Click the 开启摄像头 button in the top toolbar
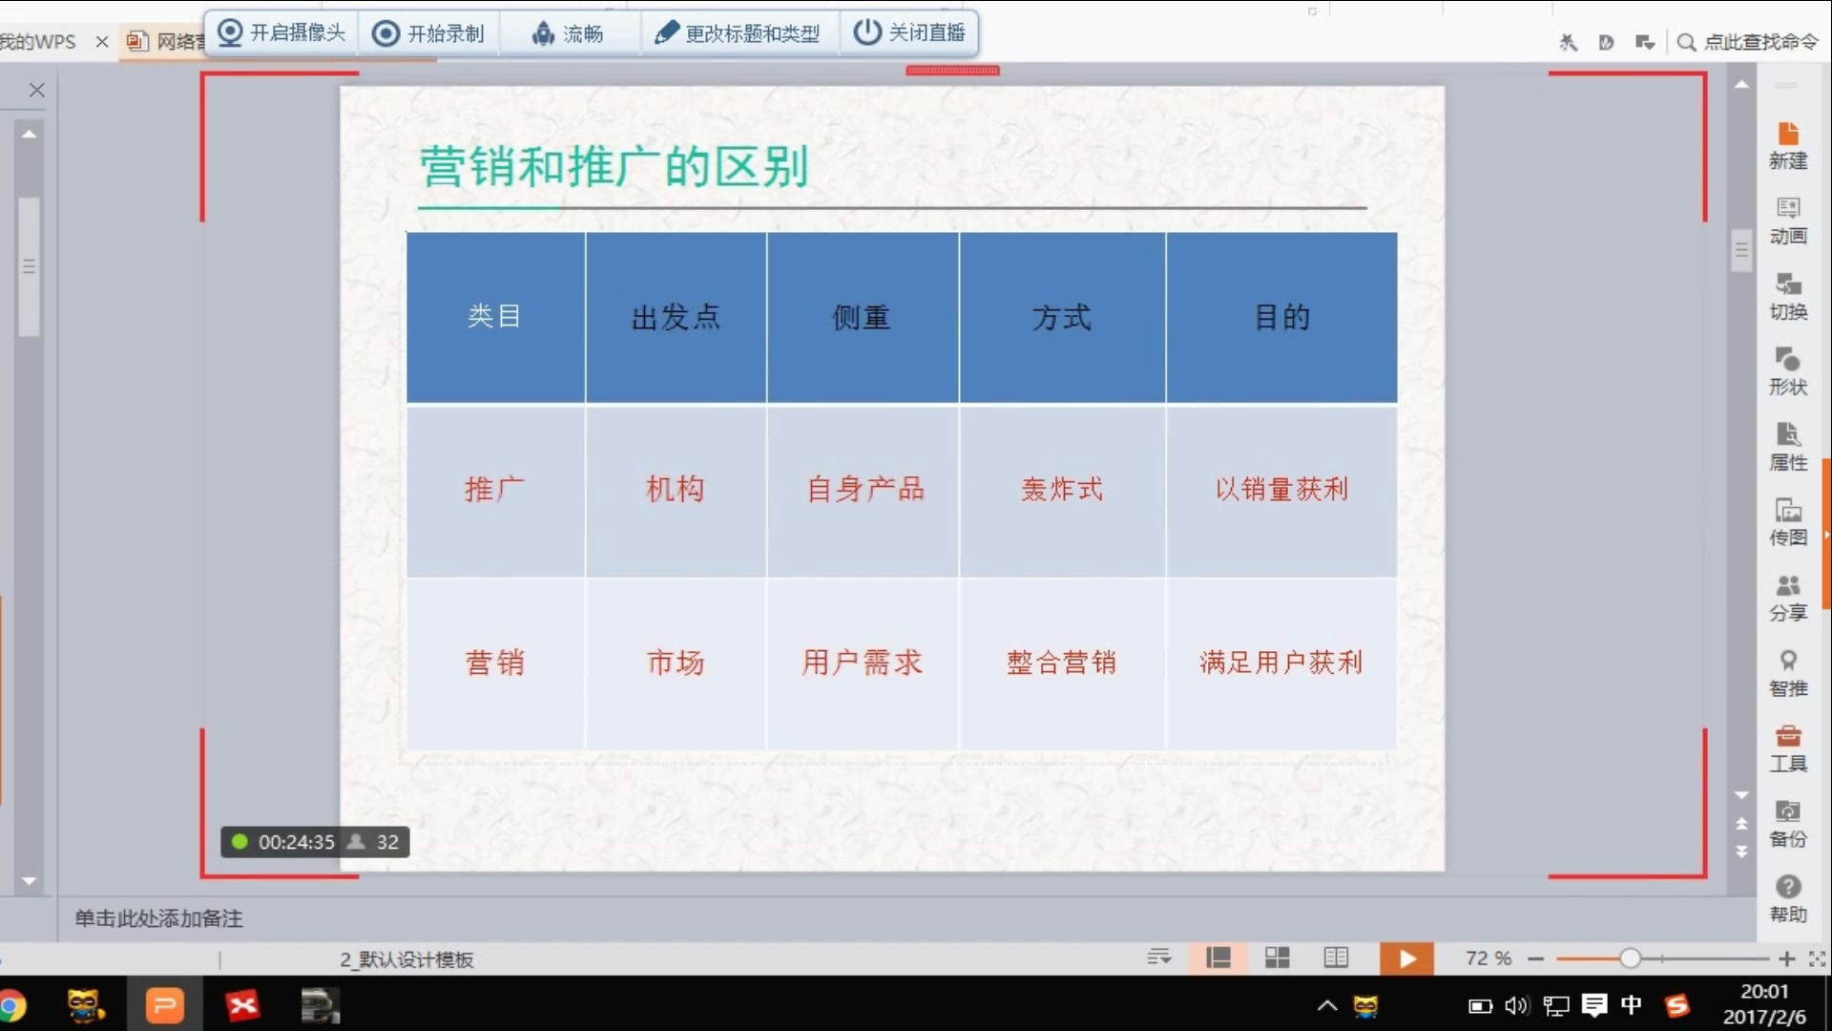point(281,33)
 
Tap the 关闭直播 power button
point(908,33)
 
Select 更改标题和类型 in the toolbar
point(738,33)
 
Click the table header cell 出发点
point(676,317)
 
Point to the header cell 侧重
point(862,317)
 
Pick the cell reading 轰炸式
point(1062,490)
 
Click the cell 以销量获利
point(1281,490)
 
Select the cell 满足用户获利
point(1280,663)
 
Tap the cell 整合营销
point(1061,663)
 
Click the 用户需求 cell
point(862,663)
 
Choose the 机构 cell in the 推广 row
point(676,490)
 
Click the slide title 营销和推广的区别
point(614,167)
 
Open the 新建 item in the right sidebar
point(1788,145)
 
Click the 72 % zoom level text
point(1488,958)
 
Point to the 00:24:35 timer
point(296,842)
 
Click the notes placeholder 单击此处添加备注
point(159,918)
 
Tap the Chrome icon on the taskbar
point(11,1006)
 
